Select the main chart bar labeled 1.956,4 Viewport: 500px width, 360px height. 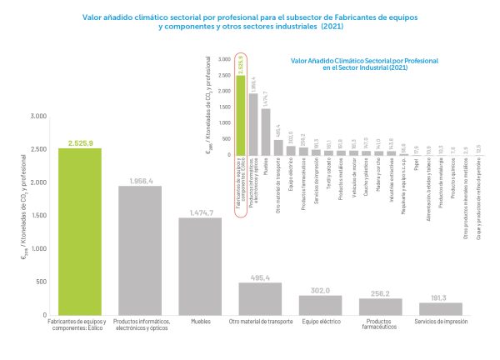(140, 250)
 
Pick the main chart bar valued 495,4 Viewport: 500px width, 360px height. (260, 298)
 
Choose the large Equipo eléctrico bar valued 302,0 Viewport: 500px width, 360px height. (320, 305)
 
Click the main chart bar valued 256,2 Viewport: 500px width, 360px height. (380, 307)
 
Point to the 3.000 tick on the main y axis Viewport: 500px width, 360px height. (39, 115)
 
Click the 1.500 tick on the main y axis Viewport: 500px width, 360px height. (39, 215)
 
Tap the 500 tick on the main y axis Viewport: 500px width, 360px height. (42, 282)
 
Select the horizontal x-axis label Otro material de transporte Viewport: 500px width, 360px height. (260, 321)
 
